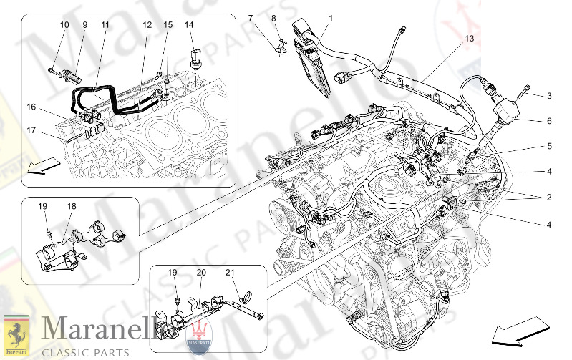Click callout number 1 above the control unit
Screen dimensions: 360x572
tap(331, 17)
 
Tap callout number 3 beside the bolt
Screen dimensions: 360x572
tap(549, 95)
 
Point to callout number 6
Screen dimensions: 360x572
tap(549, 122)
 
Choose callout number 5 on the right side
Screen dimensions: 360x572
tap(549, 147)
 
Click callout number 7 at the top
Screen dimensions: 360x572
tap(251, 17)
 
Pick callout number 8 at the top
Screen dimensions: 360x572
tap(273, 17)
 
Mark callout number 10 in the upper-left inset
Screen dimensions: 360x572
tap(64, 25)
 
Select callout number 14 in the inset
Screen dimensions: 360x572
tap(189, 25)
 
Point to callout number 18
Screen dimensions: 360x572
tap(72, 206)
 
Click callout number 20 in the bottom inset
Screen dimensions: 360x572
tap(201, 273)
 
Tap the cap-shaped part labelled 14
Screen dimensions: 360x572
tap(195, 57)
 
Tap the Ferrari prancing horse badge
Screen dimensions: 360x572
tap(15, 334)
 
